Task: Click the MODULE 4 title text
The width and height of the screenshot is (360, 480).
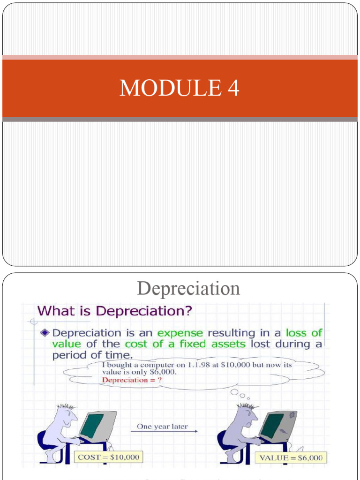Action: pyautogui.click(x=180, y=88)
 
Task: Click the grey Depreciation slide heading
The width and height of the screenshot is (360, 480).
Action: pyautogui.click(x=188, y=288)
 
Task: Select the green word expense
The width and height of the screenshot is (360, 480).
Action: pyautogui.click(x=180, y=333)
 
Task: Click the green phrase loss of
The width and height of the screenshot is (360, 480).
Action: pyautogui.click(x=304, y=333)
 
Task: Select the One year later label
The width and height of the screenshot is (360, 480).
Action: pyautogui.click(x=162, y=427)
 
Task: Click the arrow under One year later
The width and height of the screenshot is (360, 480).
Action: pyautogui.click(x=164, y=432)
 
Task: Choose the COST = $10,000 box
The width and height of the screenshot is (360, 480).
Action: pyautogui.click(x=109, y=457)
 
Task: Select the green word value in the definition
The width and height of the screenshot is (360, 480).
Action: pyautogui.click(x=67, y=344)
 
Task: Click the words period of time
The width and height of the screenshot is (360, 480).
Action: pyautogui.click(x=90, y=355)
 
